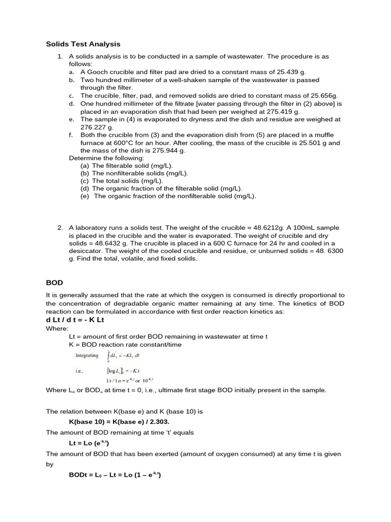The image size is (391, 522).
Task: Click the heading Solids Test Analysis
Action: click(x=83, y=44)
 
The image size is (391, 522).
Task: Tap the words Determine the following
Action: click(x=106, y=158)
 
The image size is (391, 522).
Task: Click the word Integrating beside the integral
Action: click(x=87, y=355)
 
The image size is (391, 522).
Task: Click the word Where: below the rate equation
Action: click(x=57, y=329)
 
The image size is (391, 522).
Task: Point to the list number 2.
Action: click(x=60, y=227)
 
